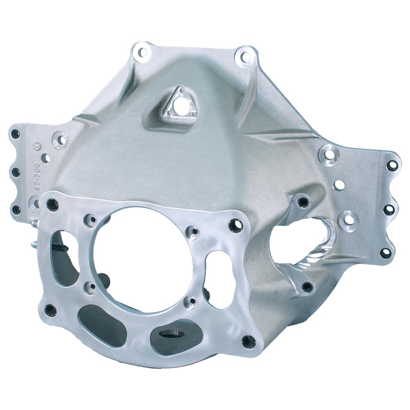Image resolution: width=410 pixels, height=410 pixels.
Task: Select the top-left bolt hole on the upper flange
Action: [142, 52]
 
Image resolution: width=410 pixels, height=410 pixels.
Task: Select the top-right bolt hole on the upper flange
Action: [245, 56]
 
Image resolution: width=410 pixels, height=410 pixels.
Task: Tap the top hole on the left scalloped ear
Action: [16, 134]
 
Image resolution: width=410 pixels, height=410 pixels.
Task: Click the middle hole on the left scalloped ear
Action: [16, 172]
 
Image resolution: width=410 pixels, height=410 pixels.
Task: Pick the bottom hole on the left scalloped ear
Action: [16, 210]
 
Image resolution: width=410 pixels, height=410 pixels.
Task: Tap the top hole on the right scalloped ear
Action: [392, 165]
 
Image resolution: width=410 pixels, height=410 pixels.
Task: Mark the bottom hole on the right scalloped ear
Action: [385, 253]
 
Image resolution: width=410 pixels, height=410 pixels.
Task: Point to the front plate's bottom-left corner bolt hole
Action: [50, 310]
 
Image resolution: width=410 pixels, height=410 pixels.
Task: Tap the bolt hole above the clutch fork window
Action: [303, 201]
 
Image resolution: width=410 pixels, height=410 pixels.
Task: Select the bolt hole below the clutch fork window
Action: [307, 287]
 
